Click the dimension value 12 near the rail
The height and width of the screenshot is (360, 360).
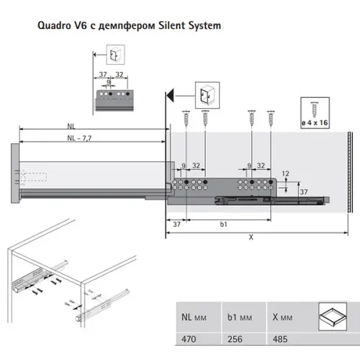286,174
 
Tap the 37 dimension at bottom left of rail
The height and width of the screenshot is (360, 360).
177,225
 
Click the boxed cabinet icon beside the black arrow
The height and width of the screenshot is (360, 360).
204,96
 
